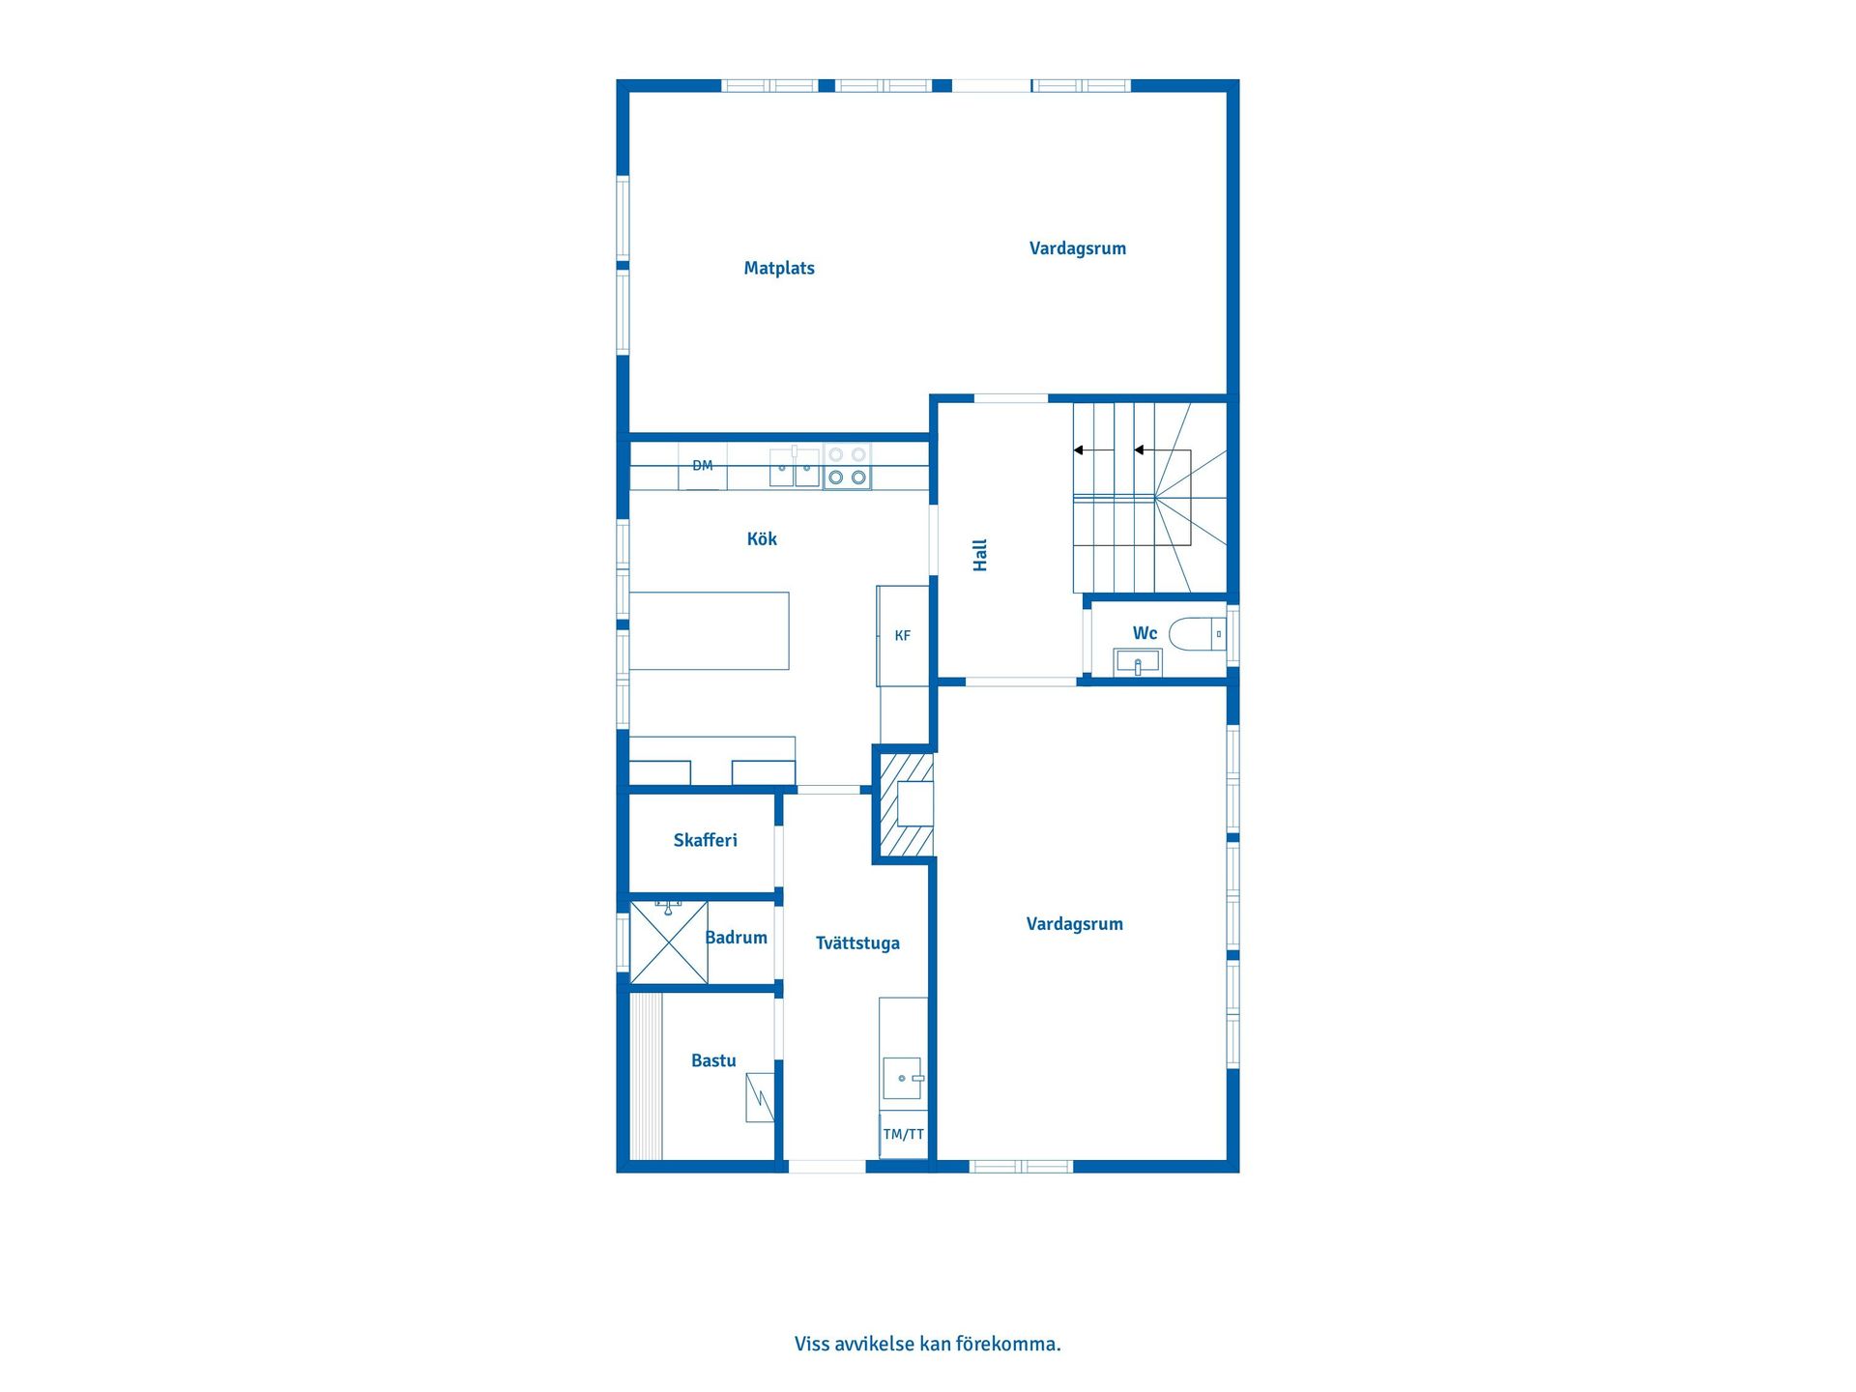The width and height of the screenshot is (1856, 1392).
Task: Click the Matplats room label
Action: tap(779, 269)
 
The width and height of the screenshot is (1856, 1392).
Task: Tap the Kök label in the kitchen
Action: tap(762, 538)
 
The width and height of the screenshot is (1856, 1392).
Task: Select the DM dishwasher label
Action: tap(703, 466)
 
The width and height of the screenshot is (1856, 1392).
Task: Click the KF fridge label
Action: tap(903, 635)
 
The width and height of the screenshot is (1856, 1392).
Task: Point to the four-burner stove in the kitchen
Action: tap(847, 466)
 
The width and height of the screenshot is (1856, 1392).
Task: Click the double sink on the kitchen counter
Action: tap(795, 468)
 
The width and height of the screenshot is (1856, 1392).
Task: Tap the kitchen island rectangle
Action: tap(710, 631)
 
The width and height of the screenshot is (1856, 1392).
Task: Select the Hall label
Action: tap(980, 556)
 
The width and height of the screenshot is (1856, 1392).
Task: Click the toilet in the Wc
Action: tap(1198, 634)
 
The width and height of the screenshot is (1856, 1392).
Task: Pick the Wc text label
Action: tap(1145, 633)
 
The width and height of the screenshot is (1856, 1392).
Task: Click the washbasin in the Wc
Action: tap(1139, 663)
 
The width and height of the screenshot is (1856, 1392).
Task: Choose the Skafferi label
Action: tap(706, 840)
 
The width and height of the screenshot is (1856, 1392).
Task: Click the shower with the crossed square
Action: tap(669, 942)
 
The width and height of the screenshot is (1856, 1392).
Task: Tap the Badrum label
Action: tap(737, 938)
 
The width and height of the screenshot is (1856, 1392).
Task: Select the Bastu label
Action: tap(713, 1060)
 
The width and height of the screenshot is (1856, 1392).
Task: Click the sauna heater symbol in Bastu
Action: tap(760, 1097)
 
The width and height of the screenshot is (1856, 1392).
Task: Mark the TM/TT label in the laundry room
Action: tap(904, 1135)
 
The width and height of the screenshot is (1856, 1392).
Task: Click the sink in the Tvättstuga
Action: tap(903, 1078)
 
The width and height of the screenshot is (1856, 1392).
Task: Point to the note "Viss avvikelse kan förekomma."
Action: tap(928, 1344)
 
